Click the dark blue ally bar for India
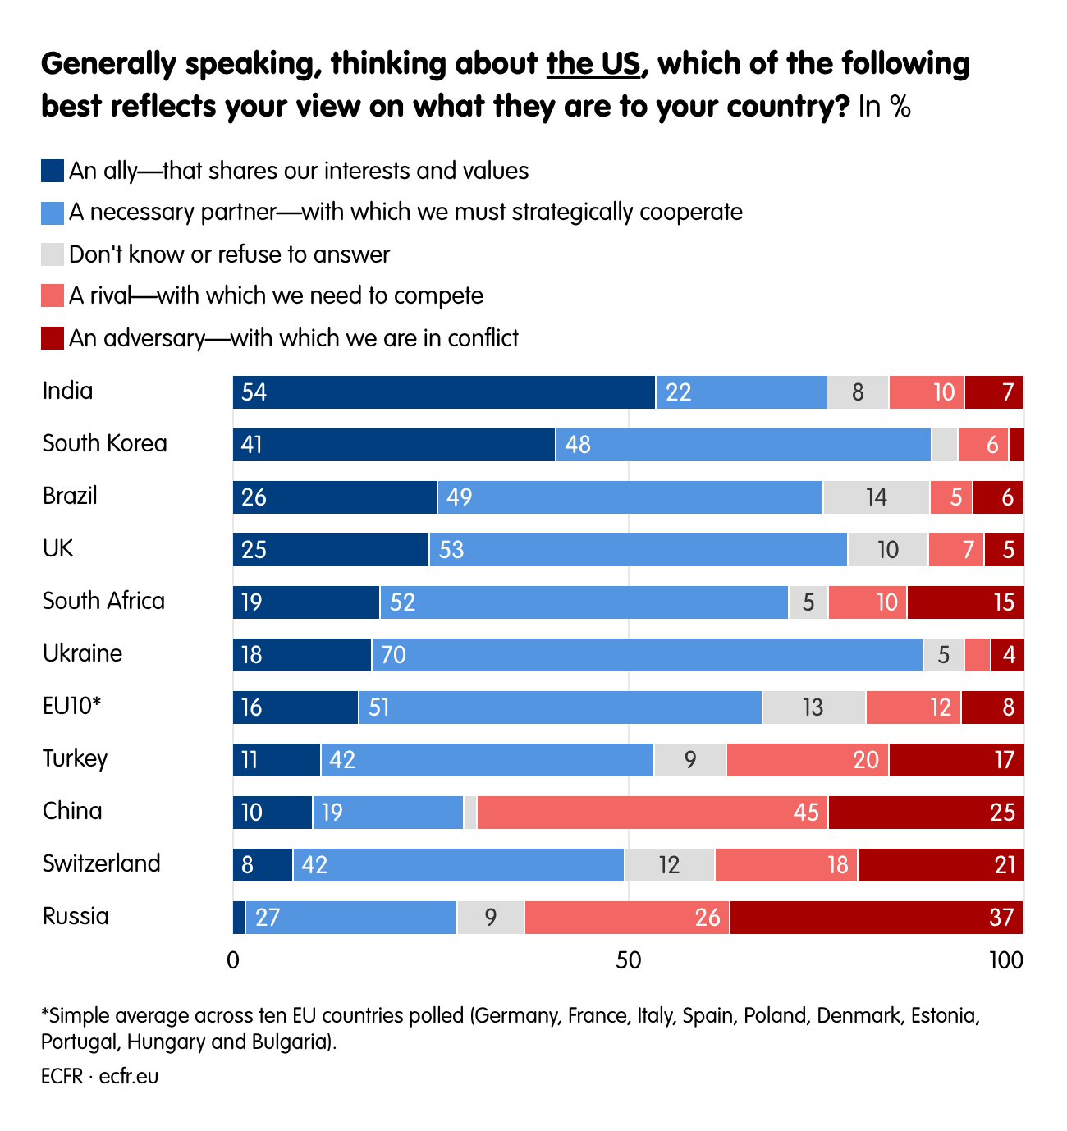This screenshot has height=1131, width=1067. [443, 392]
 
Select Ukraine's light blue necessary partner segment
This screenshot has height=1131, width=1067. [647, 655]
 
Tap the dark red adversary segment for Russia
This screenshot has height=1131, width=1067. [876, 918]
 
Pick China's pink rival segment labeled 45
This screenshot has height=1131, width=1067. [653, 813]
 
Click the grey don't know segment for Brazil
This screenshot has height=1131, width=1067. [876, 497]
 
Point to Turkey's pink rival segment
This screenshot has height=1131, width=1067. [807, 760]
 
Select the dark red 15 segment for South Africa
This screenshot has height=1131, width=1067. [965, 602]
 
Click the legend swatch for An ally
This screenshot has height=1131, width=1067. [53, 171]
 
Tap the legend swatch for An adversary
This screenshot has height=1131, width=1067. [53, 338]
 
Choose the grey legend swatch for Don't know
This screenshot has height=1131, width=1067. [53, 254]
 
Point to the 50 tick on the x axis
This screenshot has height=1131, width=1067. [628, 959]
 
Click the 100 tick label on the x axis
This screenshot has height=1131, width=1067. [1006, 959]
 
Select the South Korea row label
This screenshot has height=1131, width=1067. [104, 443]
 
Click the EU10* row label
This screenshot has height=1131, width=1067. [71, 706]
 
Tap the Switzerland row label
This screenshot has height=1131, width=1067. [101, 863]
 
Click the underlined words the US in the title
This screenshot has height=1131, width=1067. [593, 63]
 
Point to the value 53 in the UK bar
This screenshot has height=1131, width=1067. [451, 550]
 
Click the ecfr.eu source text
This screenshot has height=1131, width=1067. [129, 1076]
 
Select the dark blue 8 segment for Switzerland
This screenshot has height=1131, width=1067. [263, 865]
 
